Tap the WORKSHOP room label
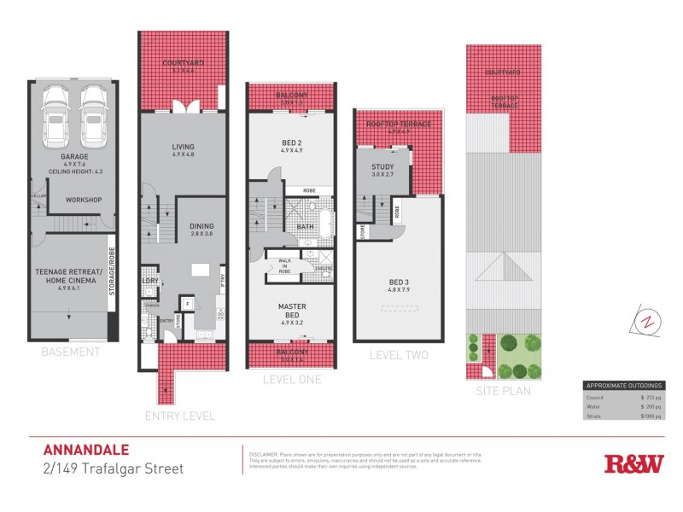pos(84,200)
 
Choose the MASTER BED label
pos(291,310)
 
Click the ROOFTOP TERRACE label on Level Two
pos(399,125)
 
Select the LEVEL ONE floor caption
pos(292,379)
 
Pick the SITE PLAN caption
pos(504,391)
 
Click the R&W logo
pos(633,464)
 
